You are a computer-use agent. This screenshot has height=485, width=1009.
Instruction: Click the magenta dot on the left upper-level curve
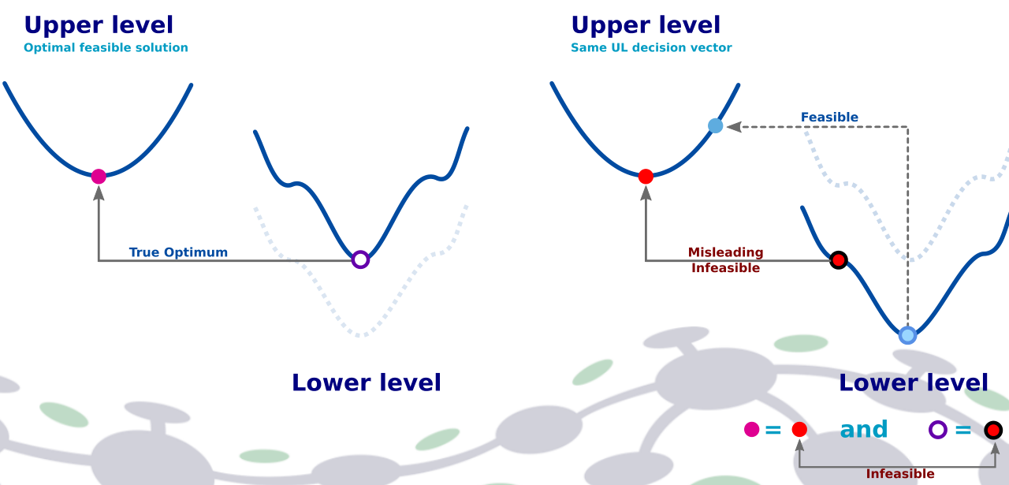click(x=99, y=176)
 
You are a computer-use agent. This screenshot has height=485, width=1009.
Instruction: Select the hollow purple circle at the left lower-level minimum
click(x=360, y=259)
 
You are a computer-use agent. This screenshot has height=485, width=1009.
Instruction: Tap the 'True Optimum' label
click(x=178, y=252)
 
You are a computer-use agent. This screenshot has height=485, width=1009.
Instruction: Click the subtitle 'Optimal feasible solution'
click(x=106, y=47)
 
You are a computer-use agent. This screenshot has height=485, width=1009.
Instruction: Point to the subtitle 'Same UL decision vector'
click(x=651, y=47)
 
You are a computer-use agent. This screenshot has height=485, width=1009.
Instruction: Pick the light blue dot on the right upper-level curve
click(x=715, y=125)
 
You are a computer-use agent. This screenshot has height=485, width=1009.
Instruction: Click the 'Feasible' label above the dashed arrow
click(x=829, y=118)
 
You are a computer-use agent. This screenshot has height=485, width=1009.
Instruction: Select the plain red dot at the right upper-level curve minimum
click(x=646, y=177)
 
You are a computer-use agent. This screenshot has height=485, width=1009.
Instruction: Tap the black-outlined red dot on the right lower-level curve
click(x=838, y=259)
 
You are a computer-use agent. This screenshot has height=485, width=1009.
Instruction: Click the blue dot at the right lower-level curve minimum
click(x=907, y=335)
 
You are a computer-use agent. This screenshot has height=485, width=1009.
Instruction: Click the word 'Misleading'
click(x=725, y=252)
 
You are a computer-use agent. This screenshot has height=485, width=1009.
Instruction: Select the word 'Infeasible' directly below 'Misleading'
click(x=725, y=268)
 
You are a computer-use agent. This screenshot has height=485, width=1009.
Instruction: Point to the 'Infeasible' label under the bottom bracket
click(x=900, y=474)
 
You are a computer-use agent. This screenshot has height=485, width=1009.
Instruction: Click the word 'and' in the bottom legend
click(x=864, y=430)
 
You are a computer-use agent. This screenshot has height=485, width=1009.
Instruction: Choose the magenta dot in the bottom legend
click(x=752, y=430)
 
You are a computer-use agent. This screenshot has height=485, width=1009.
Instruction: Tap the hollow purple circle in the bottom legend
click(x=937, y=430)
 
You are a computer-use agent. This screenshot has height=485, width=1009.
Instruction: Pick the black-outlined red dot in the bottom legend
click(x=993, y=430)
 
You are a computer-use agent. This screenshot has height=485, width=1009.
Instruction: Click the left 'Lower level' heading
click(x=367, y=382)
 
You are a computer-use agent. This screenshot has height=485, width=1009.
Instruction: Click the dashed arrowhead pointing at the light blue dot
click(x=732, y=126)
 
